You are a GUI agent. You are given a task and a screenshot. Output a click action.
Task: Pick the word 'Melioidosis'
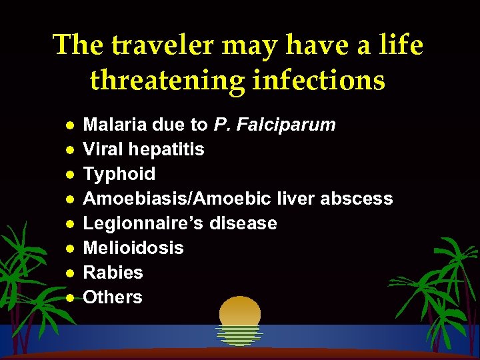point(133,248)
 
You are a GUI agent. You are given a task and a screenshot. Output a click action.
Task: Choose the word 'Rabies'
point(113,273)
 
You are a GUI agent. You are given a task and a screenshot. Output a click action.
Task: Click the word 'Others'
point(113,297)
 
